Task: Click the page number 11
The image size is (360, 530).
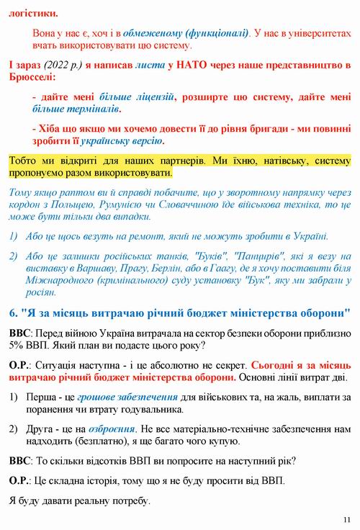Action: click(x=347, y=519)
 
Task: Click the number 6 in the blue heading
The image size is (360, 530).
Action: click(x=13, y=313)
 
